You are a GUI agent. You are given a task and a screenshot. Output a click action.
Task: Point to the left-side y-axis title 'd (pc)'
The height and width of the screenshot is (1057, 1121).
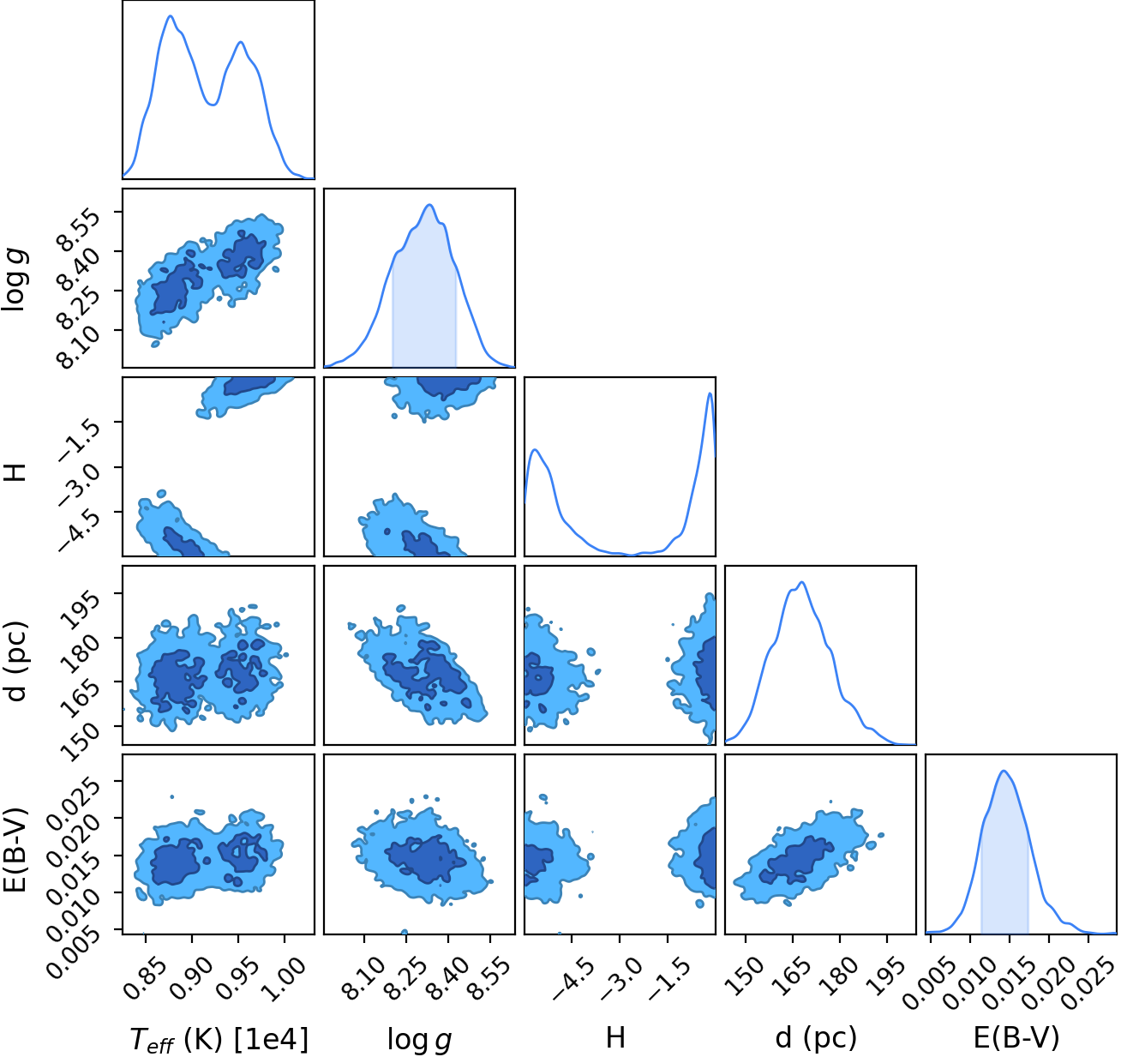(x=17, y=661)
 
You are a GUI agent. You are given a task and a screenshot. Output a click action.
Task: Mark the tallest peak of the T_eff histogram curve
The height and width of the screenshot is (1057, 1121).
(x=171, y=15)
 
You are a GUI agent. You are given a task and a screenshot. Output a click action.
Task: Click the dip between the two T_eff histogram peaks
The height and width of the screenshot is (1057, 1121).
(x=212, y=105)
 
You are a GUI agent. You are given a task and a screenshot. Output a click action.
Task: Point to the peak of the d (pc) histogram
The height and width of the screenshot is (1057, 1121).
(x=801, y=582)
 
